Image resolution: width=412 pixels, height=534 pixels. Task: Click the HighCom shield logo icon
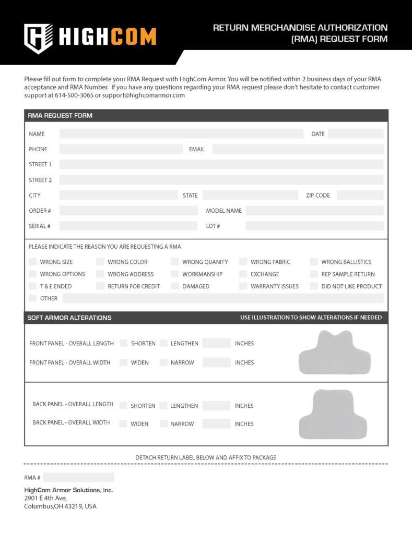(38, 38)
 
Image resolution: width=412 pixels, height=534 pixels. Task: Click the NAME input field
(181, 134)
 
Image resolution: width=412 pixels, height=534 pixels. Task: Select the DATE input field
(356, 134)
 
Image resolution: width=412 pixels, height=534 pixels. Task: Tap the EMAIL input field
(298, 149)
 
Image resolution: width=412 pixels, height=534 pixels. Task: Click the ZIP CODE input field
(360, 196)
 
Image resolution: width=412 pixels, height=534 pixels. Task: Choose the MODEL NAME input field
(314, 211)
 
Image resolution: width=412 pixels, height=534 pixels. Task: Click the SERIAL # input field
(128, 226)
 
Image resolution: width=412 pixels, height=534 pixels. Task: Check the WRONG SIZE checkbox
(33, 262)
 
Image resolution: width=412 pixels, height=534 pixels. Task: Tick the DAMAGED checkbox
(175, 286)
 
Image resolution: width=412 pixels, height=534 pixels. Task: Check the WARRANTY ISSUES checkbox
(243, 286)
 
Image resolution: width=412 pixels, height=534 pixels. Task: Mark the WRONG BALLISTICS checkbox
(314, 262)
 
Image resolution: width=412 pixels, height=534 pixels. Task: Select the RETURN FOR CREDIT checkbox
(100, 286)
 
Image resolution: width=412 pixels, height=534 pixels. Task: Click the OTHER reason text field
(223, 299)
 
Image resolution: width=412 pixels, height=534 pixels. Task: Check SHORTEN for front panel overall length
(124, 343)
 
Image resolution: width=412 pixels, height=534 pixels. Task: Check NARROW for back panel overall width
(163, 424)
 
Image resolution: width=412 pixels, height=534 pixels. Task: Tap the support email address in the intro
(144, 95)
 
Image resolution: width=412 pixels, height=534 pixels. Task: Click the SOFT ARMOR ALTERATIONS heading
(69, 318)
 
